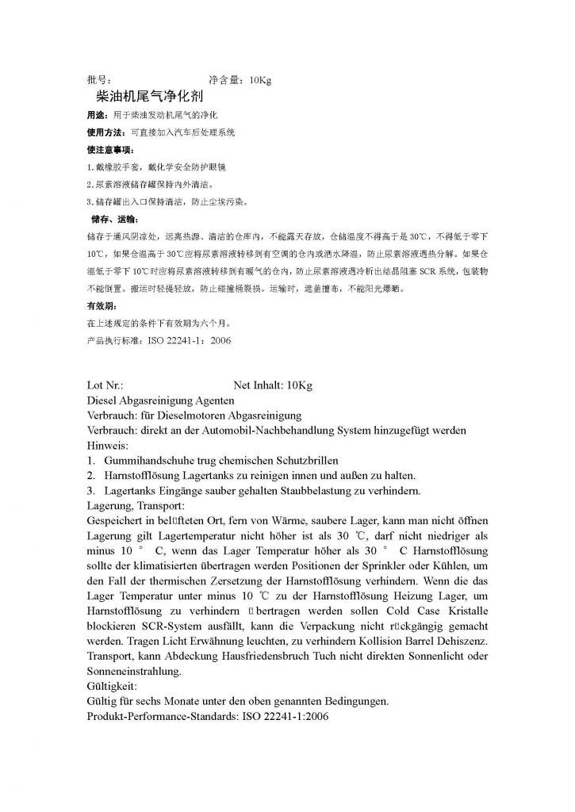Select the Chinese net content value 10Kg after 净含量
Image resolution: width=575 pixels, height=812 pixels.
click(260, 80)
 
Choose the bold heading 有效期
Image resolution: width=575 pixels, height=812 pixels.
click(102, 306)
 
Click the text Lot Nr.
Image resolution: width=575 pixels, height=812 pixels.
click(105, 385)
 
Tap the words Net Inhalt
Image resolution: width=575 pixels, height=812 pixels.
click(259, 385)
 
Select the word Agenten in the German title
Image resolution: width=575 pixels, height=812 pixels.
click(209, 400)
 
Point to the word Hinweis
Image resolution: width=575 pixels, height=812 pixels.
click(107, 446)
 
